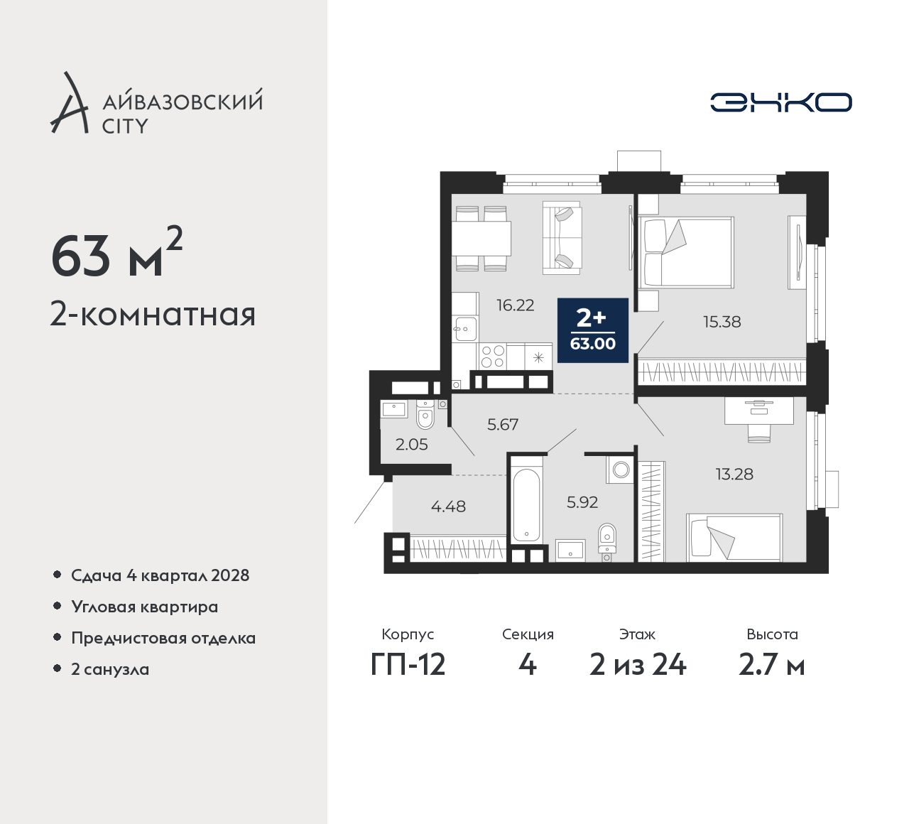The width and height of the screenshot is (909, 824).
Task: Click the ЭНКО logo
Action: click(780, 102)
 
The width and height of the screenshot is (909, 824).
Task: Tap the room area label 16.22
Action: click(516, 305)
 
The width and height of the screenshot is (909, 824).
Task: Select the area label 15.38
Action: click(722, 322)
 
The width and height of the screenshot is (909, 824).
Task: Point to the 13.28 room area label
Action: click(734, 474)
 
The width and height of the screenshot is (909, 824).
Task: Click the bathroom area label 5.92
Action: click(582, 502)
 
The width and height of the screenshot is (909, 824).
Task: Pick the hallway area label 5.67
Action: click(503, 424)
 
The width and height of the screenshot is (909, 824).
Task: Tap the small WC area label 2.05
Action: click(411, 444)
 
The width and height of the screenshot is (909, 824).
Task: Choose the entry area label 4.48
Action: click(448, 506)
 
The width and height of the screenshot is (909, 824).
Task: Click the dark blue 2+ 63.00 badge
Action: click(593, 330)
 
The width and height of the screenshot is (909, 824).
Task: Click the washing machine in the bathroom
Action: click(620, 470)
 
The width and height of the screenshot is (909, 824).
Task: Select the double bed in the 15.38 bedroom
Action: click(686, 252)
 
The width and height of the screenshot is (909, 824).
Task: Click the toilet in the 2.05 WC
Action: click(425, 414)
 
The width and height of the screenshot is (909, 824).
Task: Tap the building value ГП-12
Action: click(408, 665)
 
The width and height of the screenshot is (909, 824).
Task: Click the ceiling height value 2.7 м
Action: click(772, 666)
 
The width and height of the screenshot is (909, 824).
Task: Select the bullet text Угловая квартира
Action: click(145, 607)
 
